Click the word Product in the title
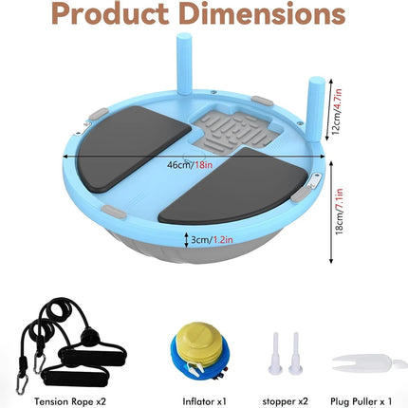click(110, 14)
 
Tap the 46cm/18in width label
click(190, 165)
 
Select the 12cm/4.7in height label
click(337, 111)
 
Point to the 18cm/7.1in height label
click(339, 212)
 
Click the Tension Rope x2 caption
click(70, 401)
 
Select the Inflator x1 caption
click(205, 401)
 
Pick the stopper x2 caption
click(285, 401)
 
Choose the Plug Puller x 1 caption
click(361, 401)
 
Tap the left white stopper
click(275, 354)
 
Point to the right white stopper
click(295, 354)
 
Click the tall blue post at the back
click(184, 64)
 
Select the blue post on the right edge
click(317, 109)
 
